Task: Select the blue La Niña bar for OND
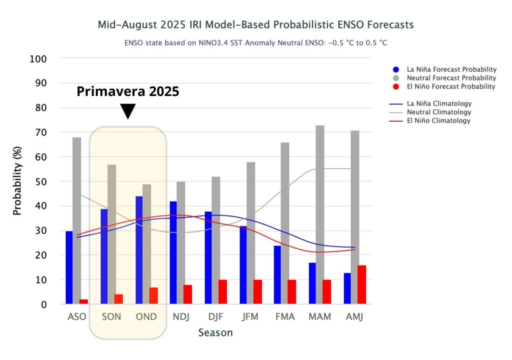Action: (x=139, y=250)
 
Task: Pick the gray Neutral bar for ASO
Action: (x=76, y=220)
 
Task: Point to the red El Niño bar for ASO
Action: (x=83, y=301)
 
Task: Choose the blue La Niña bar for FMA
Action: (x=277, y=274)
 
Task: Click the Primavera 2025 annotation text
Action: (x=127, y=92)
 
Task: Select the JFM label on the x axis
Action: (x=250, y=317)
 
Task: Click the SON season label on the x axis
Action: (x=111, y=317)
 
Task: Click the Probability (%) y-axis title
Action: (x=17, y=181)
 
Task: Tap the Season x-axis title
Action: (x=215, y=332)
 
